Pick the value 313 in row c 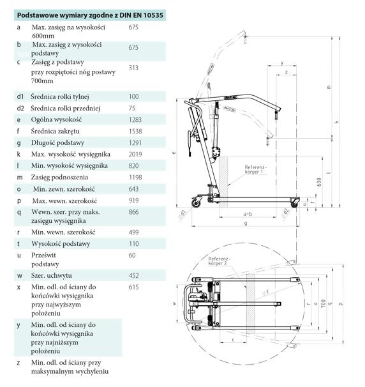133,67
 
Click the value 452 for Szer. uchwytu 133,275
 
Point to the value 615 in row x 133,287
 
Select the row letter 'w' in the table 19,275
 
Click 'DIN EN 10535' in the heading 130,13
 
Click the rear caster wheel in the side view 199,202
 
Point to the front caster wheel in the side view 294,202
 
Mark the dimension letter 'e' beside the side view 174,154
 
